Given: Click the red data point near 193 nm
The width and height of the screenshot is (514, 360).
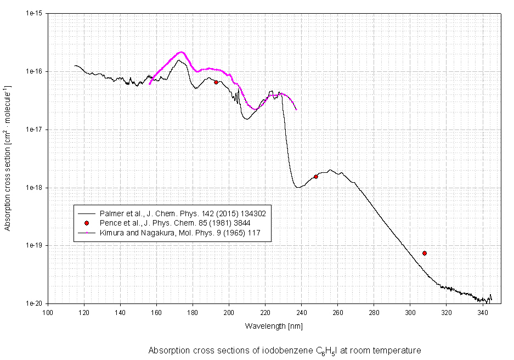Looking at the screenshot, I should [x=216, y=82].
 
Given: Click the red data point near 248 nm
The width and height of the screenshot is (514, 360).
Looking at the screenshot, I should [x=316, y=177].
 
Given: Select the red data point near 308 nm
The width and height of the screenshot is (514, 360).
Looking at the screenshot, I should [x=425, y=253].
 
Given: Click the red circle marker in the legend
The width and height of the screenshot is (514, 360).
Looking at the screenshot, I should [x=87, y=223].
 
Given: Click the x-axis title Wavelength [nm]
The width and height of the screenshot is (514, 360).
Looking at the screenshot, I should [x=274, y=326].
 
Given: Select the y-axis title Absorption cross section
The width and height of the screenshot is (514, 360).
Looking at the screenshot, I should [x=8, y=158].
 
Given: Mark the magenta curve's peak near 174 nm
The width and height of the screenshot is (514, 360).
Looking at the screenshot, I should [x=181, y=52].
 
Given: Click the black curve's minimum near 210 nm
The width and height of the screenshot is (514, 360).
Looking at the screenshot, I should [x=247, y=119].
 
